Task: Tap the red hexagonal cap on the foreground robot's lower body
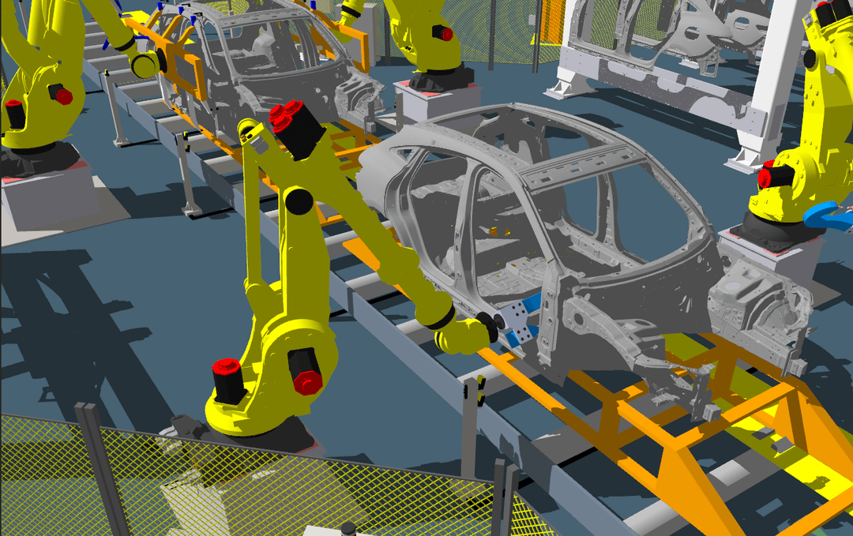(x=307, y=382)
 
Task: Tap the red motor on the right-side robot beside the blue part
(x=765, y=178)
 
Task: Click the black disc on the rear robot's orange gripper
(x=145, y=65)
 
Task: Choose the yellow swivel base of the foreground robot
(x=253, y=410)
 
